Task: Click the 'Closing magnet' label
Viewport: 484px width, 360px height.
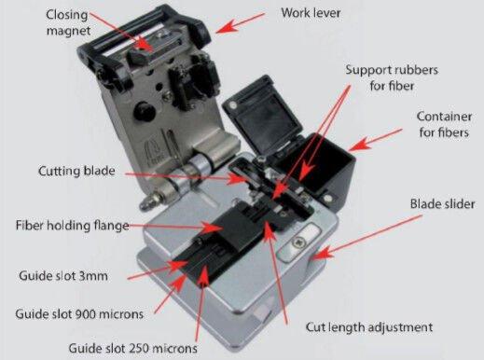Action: (x=67, y=22)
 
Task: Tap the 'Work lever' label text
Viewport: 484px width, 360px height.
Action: (x=311, y=13)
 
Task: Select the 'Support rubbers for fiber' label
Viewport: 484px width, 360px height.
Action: (x=392, y=77)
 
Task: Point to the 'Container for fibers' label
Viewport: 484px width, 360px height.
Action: (x=444, y=124)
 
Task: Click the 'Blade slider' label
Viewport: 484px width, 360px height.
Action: (x=442, y=204)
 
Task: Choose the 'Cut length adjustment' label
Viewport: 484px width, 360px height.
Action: (x=369, y=327)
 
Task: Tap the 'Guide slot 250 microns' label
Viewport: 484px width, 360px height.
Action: (x=132, y=348)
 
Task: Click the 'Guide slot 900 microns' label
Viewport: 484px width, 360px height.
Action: (x=79, y=314)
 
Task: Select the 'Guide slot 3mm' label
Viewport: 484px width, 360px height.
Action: (x=63, y=276)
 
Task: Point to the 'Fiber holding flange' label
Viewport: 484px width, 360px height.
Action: (x=73, y=226)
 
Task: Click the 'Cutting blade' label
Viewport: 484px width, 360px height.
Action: (x=76, y=171)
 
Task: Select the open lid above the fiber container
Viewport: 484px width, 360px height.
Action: (x=263, y=114)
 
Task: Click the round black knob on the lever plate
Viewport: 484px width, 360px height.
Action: (x=145, y=111)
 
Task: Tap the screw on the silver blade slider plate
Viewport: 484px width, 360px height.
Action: (x=298, y=242)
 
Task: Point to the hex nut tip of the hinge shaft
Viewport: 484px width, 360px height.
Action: (x=146, y=202)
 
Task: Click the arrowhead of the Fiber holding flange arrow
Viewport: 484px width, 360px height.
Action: (x=214, y=227)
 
